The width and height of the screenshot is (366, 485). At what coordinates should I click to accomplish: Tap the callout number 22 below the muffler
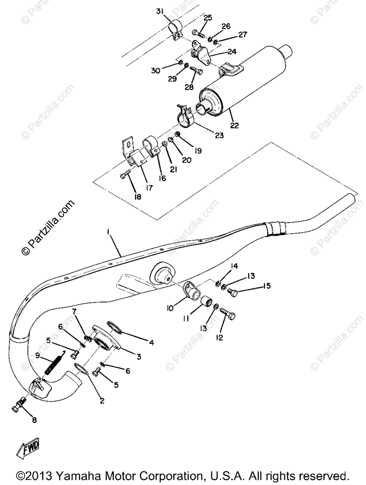tap(234, 126)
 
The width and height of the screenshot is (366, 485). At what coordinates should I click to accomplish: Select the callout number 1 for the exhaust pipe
tap(108, 233)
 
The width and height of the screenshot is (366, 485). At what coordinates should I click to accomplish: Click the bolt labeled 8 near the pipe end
tap(19, 402)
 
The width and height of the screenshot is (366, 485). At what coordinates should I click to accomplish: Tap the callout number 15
tap(267, 286)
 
